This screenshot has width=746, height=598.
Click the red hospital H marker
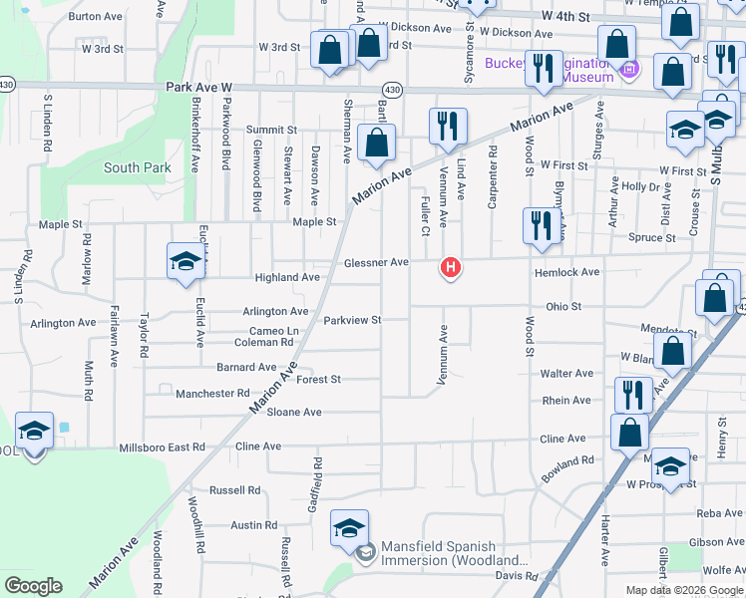pyautogui.click(x=451, y=267)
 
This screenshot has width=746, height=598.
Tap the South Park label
pyautogui.click(x=138, y=167)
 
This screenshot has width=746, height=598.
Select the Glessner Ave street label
pyautogui.click(x=376, y=262)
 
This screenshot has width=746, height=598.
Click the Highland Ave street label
pyautogui.click(x=287, y=277)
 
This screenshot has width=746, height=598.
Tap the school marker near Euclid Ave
pyautogui.click(x=186, y=262)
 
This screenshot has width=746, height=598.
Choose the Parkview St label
pyautogui.click(x=353, y=320)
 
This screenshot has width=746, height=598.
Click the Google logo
pyautogui.click(x=34, y=585)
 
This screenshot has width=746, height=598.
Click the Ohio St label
pyautogui.click(x=562, y=307)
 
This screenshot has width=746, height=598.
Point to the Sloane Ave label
pyautogui.click(x=293, y=412)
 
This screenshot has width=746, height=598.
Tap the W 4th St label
pyautogui.click(x=566, y=17)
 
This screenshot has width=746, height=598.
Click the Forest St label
pyautogui.click(x=318, y=380)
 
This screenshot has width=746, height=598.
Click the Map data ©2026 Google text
pyautogui.click(x=684, y=589)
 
